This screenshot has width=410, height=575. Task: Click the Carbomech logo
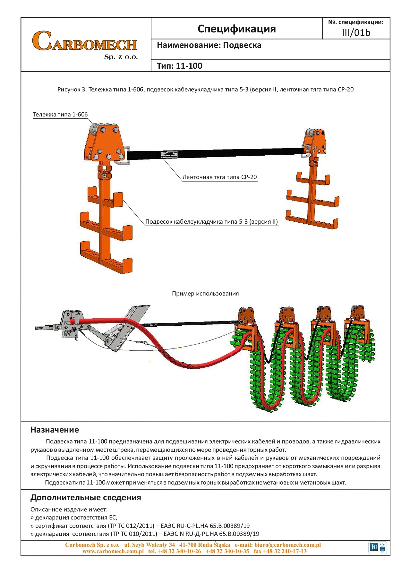pyautogui.click(x=85, y=44)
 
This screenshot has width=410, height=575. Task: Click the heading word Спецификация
pyautogui.click(x=236, y=29)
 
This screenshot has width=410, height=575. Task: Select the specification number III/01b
pyautogui.click(x=356, y=33)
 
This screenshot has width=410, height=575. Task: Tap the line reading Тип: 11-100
pyautogui.click(x=179, y=66)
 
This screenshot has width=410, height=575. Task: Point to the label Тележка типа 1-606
pyautogui.click(x=60, y=115)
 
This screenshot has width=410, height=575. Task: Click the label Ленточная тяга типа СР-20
pyautogui.click(x=219, y=177)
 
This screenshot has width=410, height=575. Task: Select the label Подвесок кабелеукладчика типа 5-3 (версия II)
pyautogui.click(x=211, y=222)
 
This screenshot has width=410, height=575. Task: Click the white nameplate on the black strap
pyautogui.click(x=169, y=155)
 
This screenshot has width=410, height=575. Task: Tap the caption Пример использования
pyautogui.click(x=205, y=294)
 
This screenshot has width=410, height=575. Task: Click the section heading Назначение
pyautogui.click(x=55, y=430)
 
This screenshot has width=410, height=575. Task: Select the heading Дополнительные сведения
pyautogui.click(x=86, y=498)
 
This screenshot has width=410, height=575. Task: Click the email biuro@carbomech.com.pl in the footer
pyautogui.click(x=287, y=545)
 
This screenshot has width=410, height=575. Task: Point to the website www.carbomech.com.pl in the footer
pyautogui.click(x=113, y=551)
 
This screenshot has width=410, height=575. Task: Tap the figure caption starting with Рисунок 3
pyautogui.click(x=205, y=90)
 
